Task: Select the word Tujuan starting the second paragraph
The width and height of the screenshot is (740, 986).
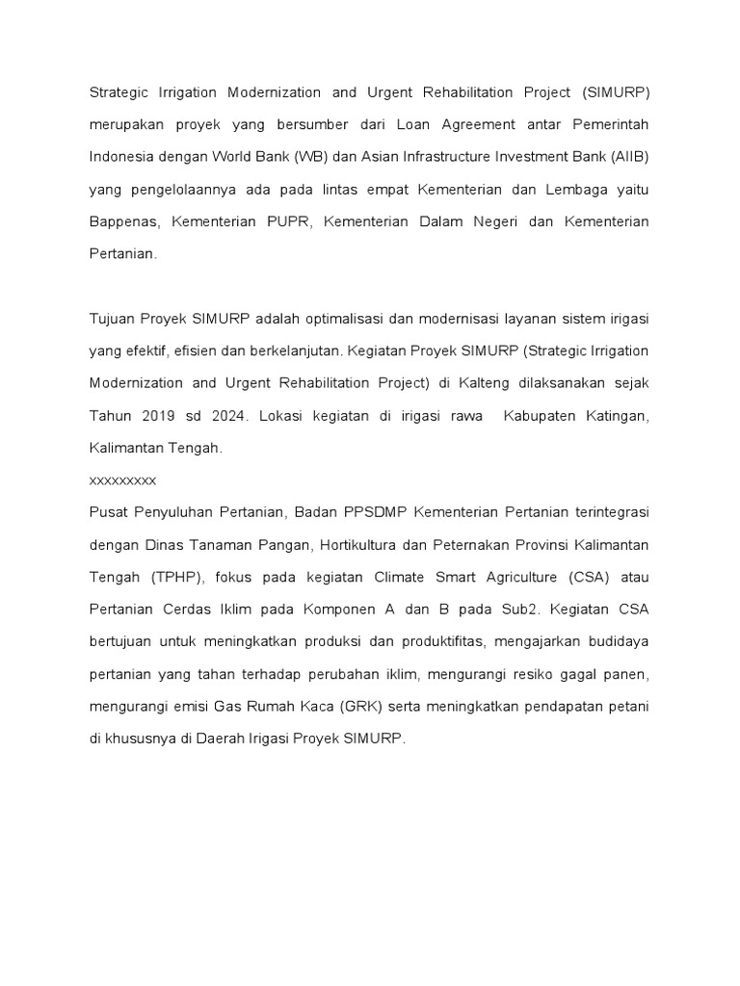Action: pyautogui.click(x=112, y=319)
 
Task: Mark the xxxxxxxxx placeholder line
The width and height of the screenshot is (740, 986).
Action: pyautogui.click(x=122, y=479)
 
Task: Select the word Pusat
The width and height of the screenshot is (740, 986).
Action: pyautogui.click(x=108, y=510)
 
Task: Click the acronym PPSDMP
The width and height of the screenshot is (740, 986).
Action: pyautogui.click(x=372, y=510)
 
